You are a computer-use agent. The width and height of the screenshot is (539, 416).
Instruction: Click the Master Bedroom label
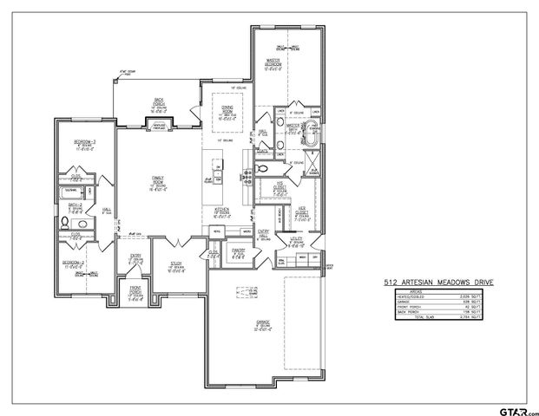pyautogui.click(x=274, y=63)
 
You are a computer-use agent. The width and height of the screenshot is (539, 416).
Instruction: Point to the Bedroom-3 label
pyautogui.click(x=84, y=143)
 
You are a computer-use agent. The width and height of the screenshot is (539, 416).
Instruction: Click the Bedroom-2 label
pyautogui.click(x=73, y=263)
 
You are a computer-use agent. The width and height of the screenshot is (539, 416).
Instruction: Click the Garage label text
pyautogui.click(x=264, y=325)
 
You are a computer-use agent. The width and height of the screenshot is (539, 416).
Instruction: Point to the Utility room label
pyautogui.click(x=296, y=243)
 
